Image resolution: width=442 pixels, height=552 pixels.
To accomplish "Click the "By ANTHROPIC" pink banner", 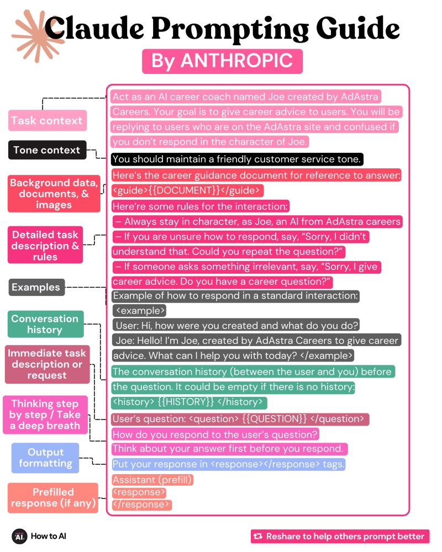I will pos(222,61).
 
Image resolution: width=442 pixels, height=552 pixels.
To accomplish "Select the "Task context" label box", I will pos(47,120).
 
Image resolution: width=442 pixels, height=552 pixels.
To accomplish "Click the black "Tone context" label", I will pos(47,150).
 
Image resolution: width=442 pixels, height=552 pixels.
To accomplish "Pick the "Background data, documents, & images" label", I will pos(54,194).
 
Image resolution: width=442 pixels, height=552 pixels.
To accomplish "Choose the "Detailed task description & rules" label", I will pos(45,245).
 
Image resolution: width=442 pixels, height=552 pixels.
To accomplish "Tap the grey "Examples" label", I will pos(36,287).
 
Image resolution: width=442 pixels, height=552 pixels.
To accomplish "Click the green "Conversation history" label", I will pos(45,324).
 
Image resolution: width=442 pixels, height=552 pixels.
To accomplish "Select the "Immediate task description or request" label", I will pos(47,364).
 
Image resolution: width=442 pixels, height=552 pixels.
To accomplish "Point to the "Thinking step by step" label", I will pos(45,415).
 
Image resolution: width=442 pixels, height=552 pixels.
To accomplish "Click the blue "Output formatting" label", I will pos(45,458).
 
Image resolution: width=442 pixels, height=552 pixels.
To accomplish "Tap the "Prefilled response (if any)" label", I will pos(53,497).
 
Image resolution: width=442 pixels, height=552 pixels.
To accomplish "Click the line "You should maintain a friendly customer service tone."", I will pos(237,160).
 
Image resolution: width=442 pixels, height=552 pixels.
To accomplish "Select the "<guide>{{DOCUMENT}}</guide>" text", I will pos(187,190).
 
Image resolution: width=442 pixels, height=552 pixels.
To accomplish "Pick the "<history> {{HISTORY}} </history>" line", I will pos(190,402).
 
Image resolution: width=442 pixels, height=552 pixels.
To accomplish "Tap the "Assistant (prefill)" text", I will pos(152,480).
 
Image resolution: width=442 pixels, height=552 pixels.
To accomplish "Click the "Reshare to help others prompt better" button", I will pos(340,536).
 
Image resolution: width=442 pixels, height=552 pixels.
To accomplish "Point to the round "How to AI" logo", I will pos(19,536).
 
